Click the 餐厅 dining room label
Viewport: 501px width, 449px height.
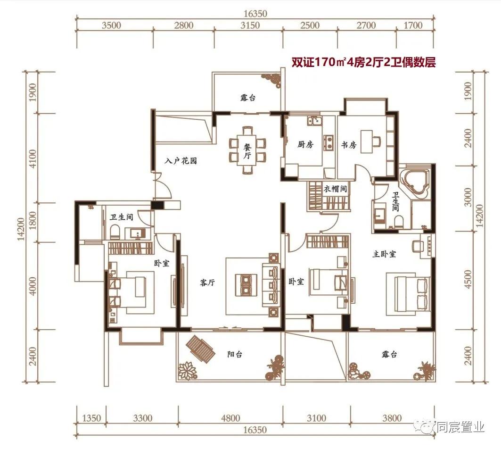[247, 151]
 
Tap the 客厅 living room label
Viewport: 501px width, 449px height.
[207, 283]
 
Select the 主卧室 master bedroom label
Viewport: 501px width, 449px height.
[384, 254]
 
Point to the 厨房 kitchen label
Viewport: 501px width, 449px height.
[305, 144]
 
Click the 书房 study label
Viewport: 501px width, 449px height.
[349, 145]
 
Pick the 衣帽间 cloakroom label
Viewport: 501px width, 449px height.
[335, 189]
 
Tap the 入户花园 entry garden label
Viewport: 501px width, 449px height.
[181, 160]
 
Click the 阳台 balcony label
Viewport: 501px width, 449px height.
[235, 354]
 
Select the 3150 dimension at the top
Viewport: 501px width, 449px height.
[250, 25]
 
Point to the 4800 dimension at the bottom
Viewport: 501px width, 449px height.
[230, 418]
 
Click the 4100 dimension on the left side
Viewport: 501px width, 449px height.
[33, 158]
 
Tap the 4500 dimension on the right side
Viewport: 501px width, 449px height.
[468, 280]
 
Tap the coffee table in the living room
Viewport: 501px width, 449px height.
[246, 283]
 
